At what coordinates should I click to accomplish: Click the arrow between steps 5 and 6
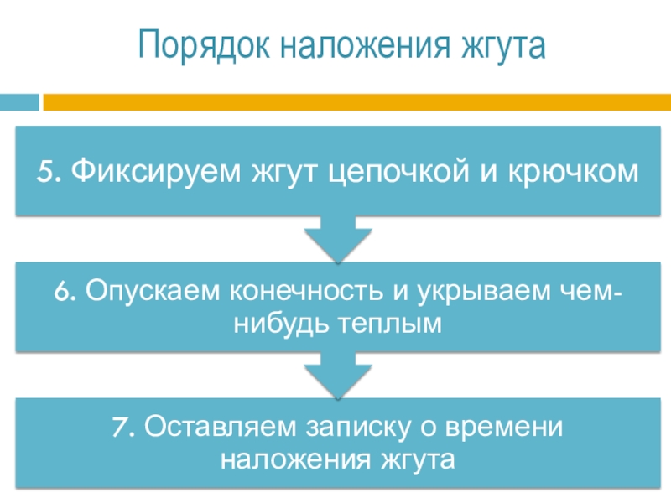pos(335,241)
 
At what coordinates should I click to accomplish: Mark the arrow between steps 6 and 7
pos(335,374)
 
